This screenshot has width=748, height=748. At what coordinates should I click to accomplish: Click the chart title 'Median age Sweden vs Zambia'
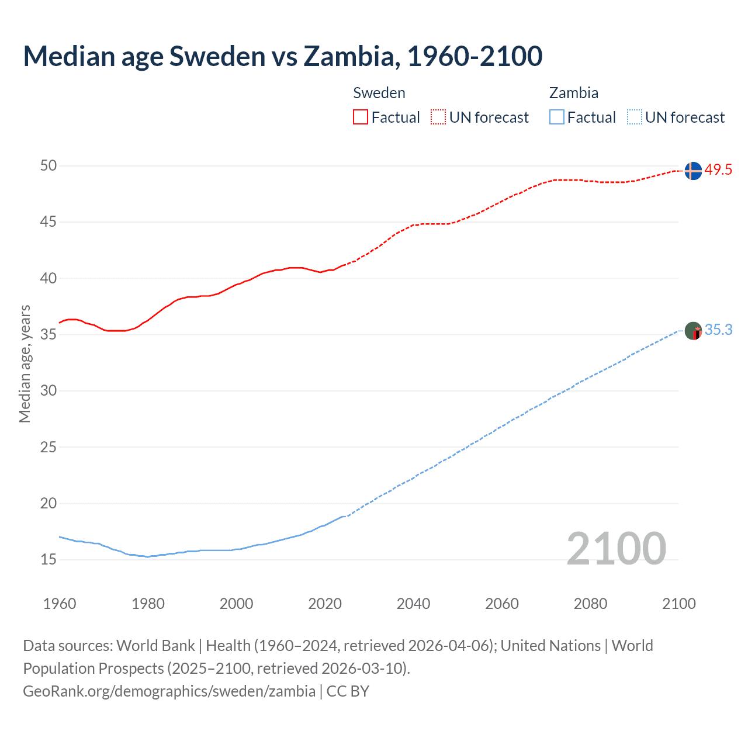(283, 56)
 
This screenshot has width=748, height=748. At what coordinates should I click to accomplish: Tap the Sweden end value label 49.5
(718, 170)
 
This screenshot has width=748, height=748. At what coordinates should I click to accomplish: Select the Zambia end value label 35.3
(718, 330)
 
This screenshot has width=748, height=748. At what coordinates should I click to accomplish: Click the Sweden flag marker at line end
(693, 171)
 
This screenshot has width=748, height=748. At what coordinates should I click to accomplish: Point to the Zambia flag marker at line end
(693, 331)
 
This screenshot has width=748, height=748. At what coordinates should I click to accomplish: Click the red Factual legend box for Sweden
(361, 117)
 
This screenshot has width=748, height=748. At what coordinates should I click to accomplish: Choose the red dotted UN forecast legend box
(438, 117)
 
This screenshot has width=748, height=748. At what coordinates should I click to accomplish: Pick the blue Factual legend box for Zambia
(557, 117)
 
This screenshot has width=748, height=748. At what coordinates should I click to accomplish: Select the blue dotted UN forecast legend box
(634, 117)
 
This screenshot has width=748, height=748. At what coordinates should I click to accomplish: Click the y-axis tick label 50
(49, 166)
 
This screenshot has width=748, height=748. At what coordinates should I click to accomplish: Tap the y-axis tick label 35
(49, 335)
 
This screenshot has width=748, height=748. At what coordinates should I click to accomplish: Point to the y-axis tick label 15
(49, 560)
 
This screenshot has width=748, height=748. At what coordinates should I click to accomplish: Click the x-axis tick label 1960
(60, 604)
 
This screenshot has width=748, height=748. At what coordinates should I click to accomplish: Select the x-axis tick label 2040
(413, 604)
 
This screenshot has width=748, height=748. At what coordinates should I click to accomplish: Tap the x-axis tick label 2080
(590, 604)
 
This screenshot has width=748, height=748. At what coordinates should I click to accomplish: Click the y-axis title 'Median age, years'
(25, 363)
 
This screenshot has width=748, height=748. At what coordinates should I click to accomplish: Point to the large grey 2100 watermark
(617, 548)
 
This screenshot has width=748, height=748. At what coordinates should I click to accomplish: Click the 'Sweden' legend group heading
(379, 93)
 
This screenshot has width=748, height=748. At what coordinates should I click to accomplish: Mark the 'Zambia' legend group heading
(574, 93)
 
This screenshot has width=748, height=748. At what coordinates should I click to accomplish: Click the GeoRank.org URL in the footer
(169, 691)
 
